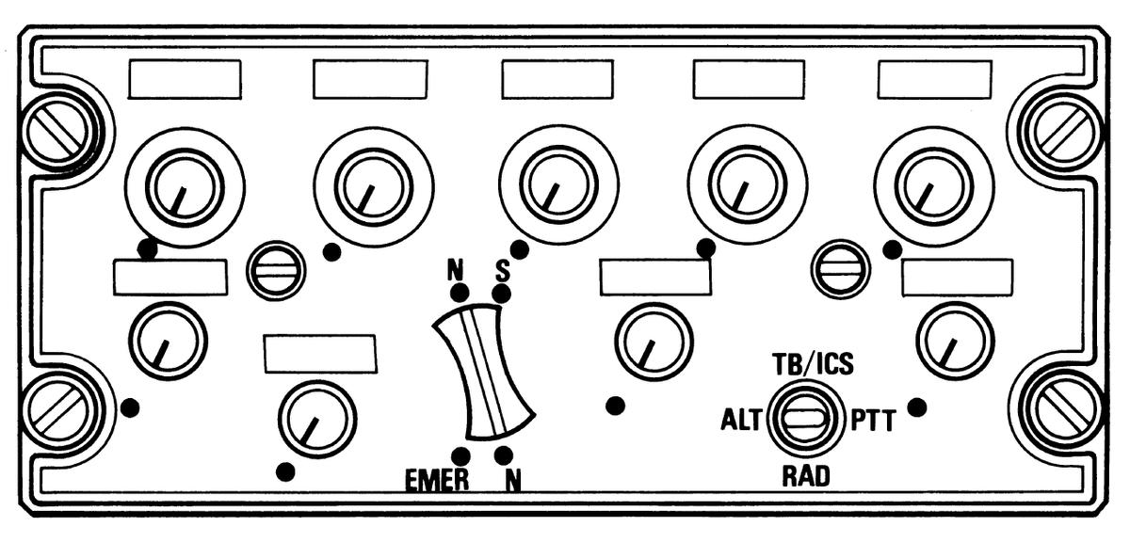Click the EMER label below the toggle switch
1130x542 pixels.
(x=436, y=480)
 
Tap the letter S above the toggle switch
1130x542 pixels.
(x=502, y=271)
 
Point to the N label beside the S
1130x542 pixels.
(x=457, y=271)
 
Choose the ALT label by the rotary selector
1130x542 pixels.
(x=740, y=420)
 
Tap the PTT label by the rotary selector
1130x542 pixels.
(x=872, y=420)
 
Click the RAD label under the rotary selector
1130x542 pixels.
(x=806, y=477)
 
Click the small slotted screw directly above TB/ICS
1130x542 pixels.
(x=840, y=268)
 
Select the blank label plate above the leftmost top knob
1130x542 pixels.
(x=185, y=79)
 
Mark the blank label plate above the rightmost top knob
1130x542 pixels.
(x=934, y=79)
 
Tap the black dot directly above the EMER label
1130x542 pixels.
(x=459, y=454)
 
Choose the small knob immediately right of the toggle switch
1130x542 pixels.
(x=654, y=341)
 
